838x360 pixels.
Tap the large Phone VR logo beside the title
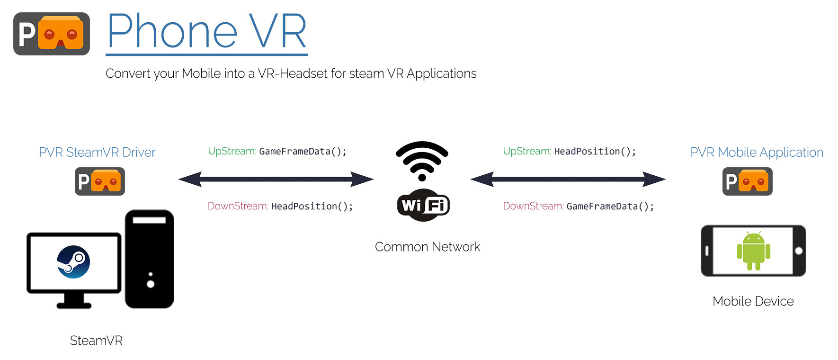52,34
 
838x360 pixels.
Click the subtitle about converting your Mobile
291,73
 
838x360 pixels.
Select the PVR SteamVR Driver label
97,152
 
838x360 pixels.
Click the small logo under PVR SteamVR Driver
100,181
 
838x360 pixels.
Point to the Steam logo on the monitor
73,262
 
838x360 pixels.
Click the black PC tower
149,259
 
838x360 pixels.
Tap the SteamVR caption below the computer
96,341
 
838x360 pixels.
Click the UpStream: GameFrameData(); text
277,151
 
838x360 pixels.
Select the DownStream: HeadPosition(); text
280,206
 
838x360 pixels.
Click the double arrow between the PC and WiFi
276,179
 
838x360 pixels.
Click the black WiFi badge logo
423,205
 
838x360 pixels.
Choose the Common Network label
428,247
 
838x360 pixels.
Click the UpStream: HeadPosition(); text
570,151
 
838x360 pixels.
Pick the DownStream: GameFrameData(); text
579,206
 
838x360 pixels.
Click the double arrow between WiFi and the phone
568,179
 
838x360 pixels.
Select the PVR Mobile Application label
757,152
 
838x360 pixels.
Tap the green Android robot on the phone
754,251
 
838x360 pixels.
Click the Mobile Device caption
753,301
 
